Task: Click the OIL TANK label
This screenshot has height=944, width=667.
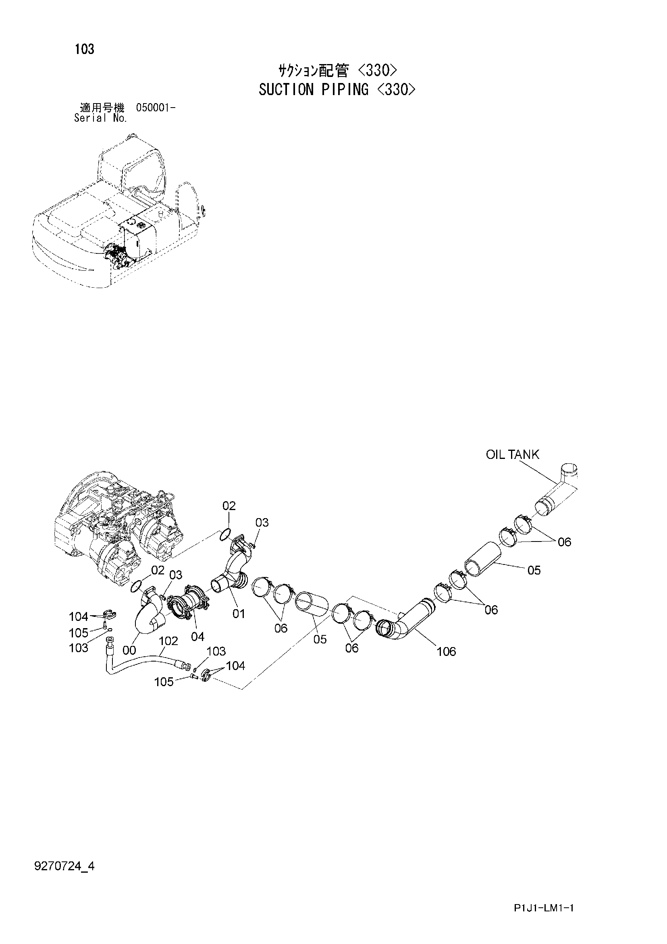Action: [x=512, y=454]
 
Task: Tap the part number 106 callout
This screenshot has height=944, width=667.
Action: [x=446, y=651]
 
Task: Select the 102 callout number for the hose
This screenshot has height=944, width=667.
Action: [x=168, y=641]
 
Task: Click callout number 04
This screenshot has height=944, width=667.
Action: [x=198, y=637]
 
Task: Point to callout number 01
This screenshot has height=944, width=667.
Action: [x=239, y=614]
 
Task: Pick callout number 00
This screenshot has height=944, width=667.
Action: [x=129, y=650]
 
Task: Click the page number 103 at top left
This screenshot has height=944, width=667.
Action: [x=84, y=49]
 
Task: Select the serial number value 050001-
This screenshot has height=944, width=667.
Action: [x=155, y=108]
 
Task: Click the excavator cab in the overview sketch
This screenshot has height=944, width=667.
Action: [x=129, y=164]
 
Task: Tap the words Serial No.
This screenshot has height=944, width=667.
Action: [x=100, y=118]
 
